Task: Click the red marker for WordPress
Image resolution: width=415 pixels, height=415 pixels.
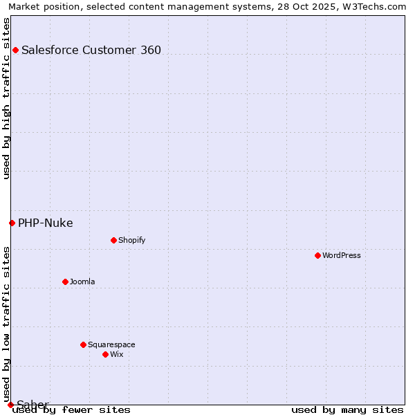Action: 317,255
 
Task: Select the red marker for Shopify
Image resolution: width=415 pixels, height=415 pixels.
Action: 113,240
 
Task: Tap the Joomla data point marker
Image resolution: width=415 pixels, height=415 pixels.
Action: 65,282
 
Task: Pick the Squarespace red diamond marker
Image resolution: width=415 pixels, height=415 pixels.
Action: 83,344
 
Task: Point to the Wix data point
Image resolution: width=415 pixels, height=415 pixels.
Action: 105,354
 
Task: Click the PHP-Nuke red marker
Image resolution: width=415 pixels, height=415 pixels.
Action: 12,223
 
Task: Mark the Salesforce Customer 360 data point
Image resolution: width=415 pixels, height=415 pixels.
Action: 15,50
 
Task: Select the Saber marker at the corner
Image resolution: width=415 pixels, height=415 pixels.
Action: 10,405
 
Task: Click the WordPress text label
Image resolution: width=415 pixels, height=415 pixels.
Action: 342,255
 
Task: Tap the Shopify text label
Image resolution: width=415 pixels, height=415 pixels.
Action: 131,240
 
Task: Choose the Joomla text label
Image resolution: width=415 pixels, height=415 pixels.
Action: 82,282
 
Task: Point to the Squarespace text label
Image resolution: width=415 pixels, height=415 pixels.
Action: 111,344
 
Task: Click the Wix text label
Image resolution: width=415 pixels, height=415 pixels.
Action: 117,354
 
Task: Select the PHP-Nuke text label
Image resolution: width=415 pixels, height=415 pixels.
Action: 46,223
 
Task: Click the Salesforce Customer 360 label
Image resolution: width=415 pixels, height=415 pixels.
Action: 91,50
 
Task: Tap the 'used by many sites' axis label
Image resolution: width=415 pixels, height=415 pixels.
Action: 347,409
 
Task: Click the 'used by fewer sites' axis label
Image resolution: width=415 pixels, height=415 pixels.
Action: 72,409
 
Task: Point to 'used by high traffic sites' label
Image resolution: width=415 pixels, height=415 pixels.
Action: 6,98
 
